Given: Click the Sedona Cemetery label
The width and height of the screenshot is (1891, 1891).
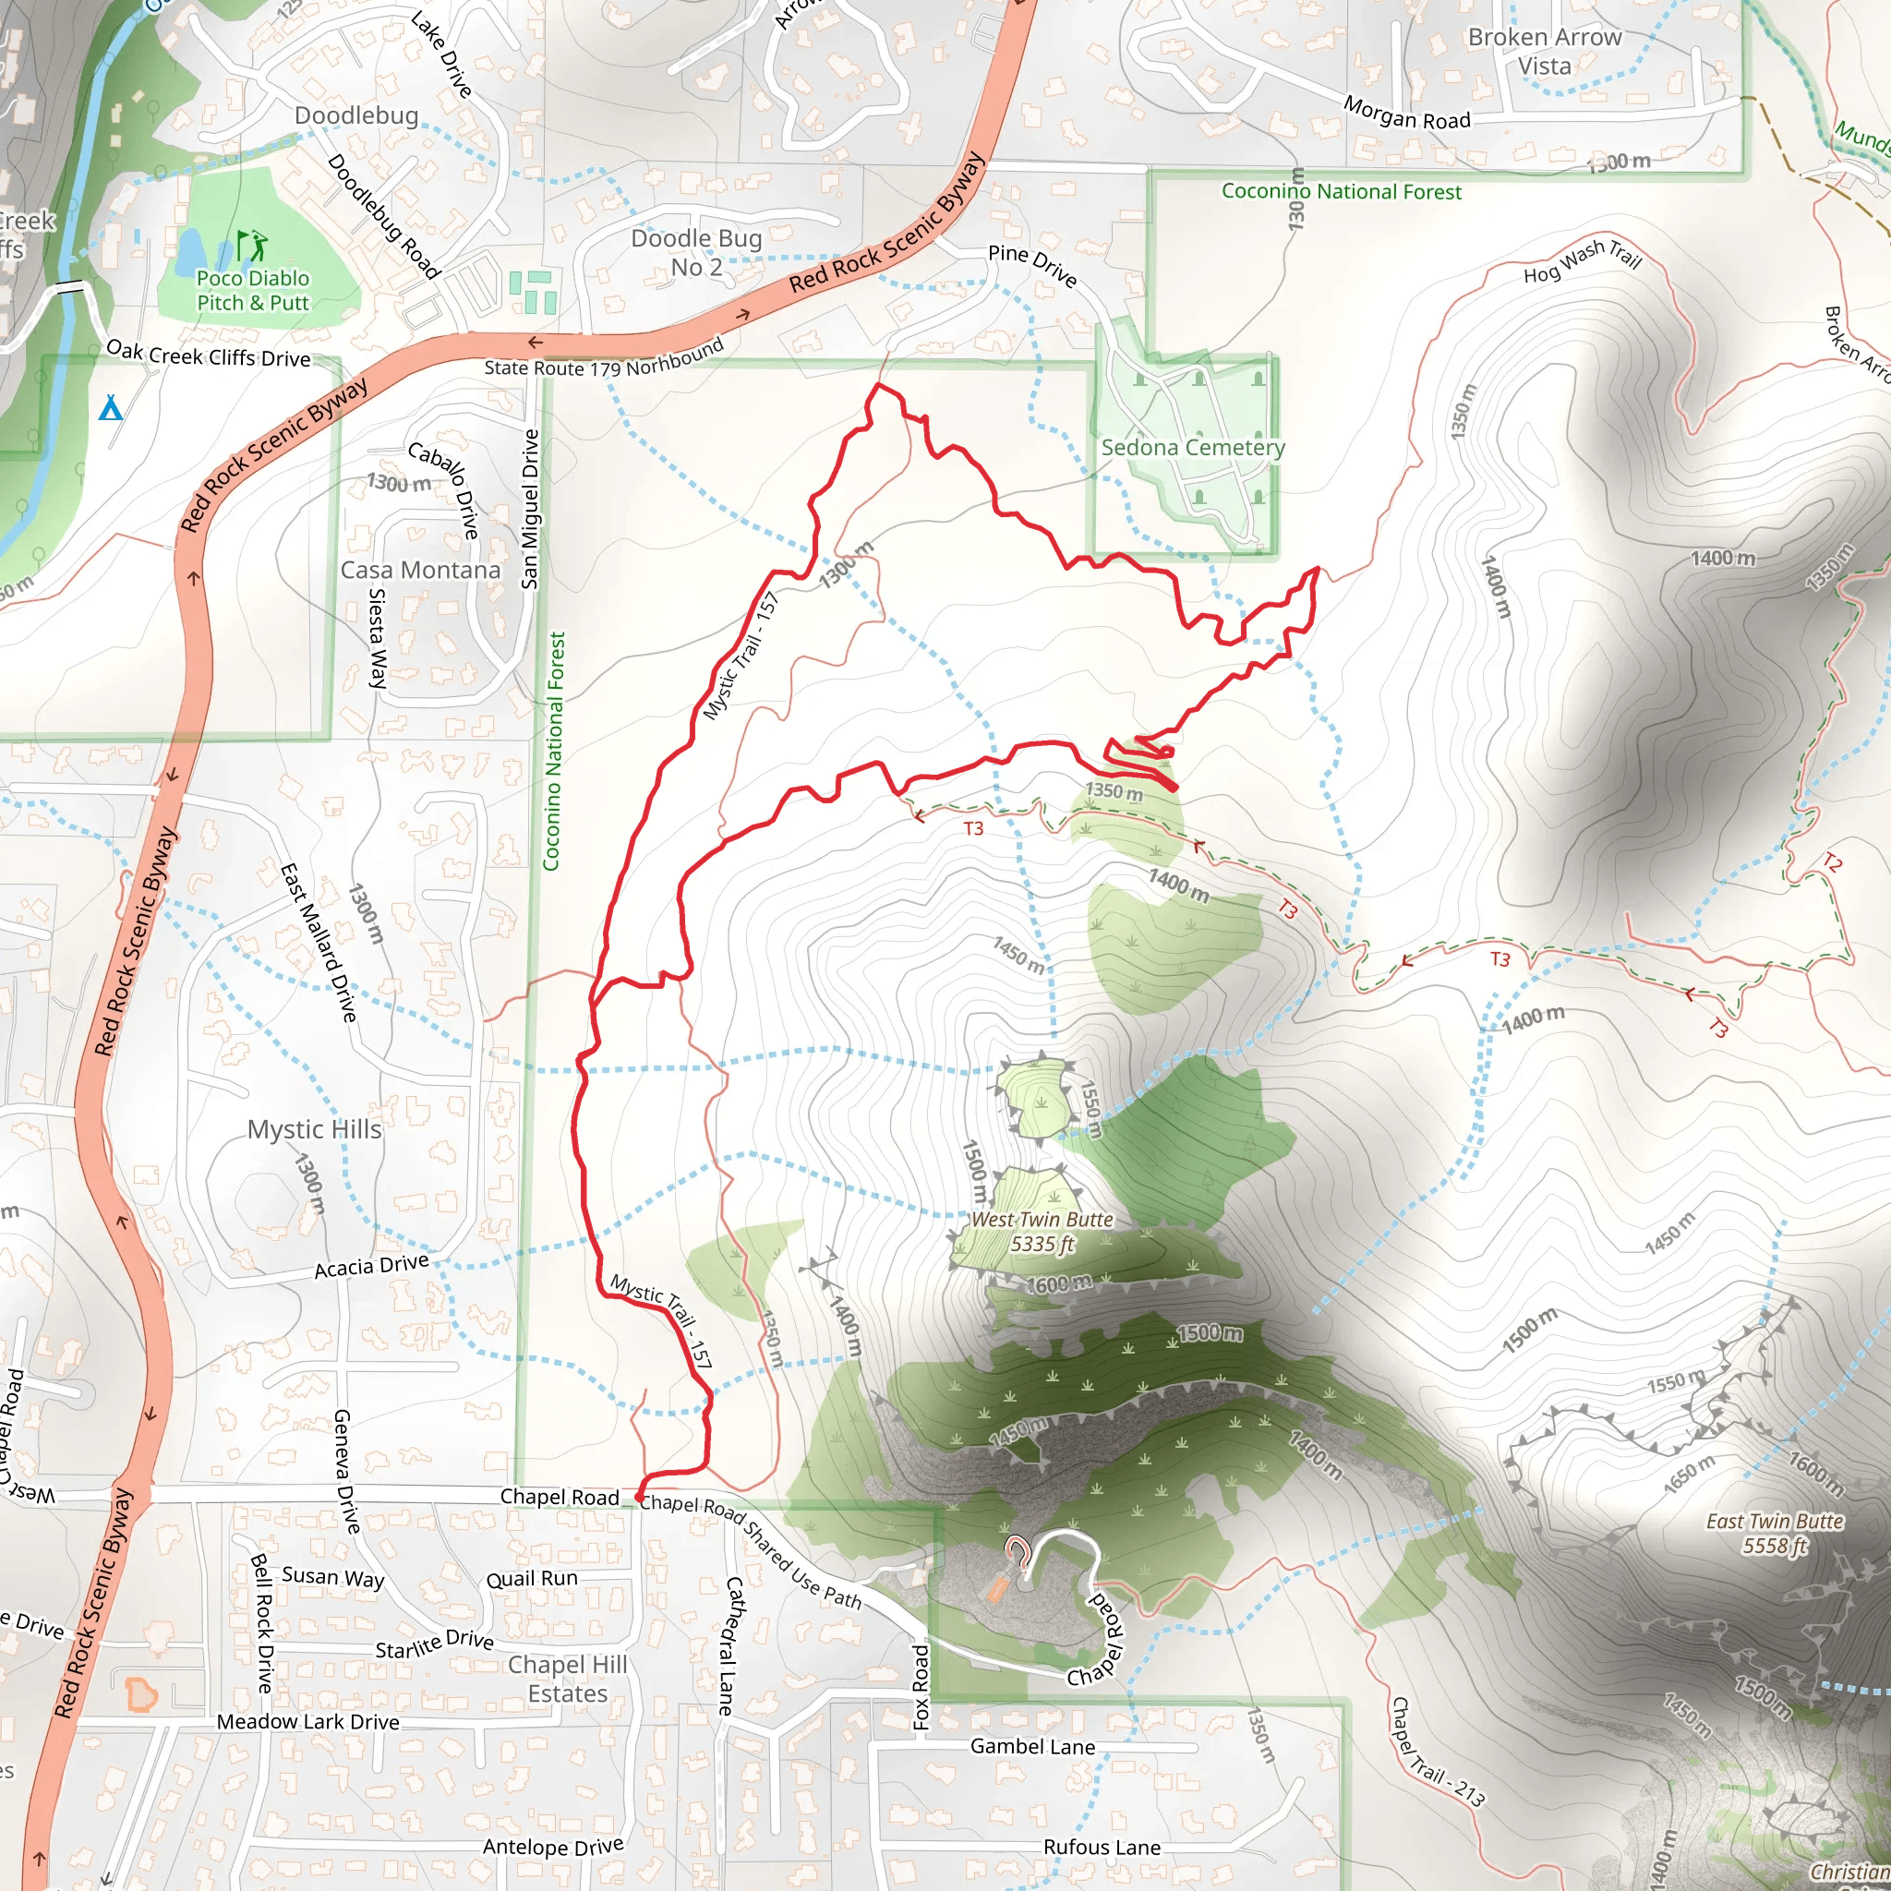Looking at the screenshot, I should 1192,447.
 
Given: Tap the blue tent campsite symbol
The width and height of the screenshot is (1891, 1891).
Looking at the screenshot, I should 111,407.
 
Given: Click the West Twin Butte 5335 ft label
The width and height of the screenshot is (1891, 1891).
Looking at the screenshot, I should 1042,1232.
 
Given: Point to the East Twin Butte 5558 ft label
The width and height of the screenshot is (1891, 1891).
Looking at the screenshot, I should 1775,1533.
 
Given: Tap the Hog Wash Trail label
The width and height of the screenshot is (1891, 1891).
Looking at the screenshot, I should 1582,260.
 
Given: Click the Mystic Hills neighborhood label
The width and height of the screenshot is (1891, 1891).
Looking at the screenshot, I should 314,1129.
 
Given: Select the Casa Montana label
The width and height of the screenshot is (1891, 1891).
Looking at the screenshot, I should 420,570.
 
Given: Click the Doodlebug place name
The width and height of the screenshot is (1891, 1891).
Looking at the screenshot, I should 356,115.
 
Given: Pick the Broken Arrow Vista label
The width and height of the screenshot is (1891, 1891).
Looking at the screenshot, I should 1545,51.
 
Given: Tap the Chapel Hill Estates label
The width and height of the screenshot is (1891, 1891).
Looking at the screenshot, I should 567,1679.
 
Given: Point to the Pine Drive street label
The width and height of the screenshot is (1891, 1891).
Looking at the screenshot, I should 1031,265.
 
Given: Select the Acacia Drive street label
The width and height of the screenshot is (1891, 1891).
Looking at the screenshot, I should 371,1267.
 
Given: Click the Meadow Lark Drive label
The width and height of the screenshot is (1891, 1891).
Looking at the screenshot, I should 307,1722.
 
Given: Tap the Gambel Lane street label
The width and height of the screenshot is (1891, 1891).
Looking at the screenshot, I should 1031,1746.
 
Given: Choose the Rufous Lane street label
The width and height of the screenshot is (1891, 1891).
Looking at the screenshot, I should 1102,1847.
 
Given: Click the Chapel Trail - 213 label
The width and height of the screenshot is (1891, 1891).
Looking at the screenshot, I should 1437,1752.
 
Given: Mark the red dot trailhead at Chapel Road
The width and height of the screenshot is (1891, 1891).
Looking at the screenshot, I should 639,1498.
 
